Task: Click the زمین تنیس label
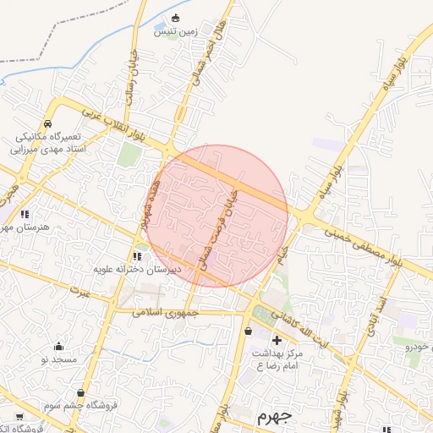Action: click(175, 31)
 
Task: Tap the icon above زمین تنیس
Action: click(175, 18)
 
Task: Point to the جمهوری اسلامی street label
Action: click(165, 311)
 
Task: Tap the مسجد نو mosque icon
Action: click(58, 346)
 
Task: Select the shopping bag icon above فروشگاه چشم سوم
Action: click(80, 393)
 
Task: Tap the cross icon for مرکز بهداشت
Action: click(277, 340)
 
